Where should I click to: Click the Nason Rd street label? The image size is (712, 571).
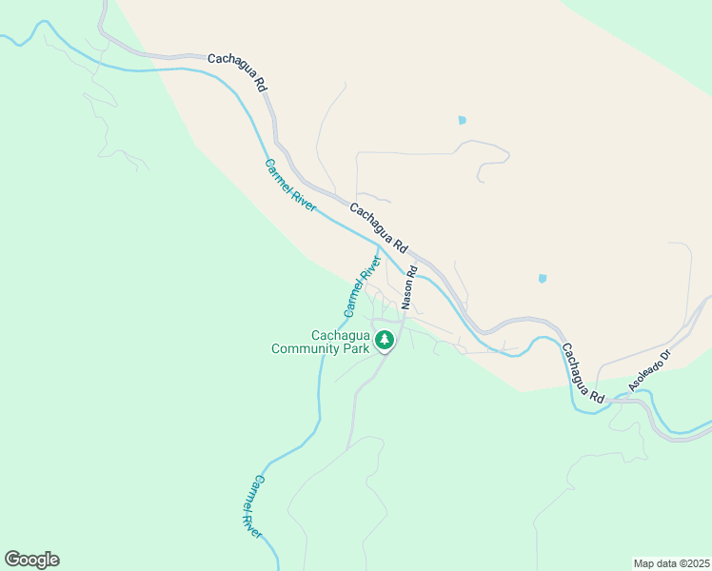[410, 285]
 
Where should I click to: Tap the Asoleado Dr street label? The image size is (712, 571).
[650, 371]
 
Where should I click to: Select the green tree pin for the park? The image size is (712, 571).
[385, 340]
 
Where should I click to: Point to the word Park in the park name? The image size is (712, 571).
[355, 348]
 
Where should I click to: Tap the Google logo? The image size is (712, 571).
[31, 560]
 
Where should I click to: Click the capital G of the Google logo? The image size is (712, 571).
[12, 560]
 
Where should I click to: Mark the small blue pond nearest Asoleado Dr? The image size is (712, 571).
[543, 279]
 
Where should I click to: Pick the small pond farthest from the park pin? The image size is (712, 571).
[463, 121]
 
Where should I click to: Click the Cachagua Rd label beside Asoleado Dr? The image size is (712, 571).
[582, 372]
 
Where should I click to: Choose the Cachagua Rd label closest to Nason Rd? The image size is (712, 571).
[378, 226]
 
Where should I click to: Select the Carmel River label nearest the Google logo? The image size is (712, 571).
[246, 506]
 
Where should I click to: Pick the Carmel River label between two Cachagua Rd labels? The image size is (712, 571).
[289, 185]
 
